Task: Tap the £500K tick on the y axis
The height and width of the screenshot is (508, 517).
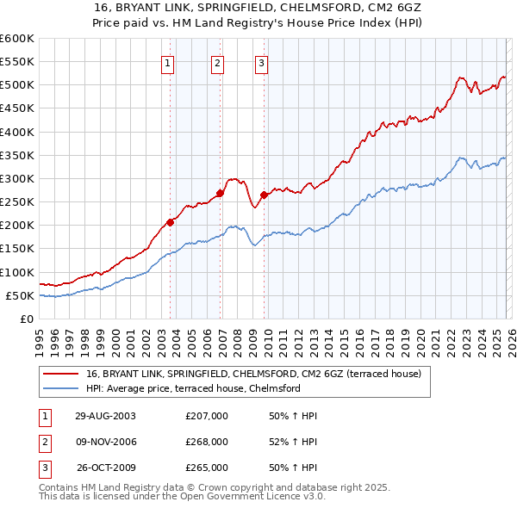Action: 16,85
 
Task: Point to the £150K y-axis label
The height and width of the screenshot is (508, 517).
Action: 16,249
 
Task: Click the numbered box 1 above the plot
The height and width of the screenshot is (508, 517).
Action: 167,62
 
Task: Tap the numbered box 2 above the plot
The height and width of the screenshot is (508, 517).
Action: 217,62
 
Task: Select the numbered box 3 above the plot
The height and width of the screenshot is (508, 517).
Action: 261,62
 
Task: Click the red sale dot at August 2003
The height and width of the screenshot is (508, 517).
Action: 171,222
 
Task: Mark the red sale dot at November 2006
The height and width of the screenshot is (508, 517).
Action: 220,194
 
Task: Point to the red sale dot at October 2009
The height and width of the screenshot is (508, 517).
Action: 265,195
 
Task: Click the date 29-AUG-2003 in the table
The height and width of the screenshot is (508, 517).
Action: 104,416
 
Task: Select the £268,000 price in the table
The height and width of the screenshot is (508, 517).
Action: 207,442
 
